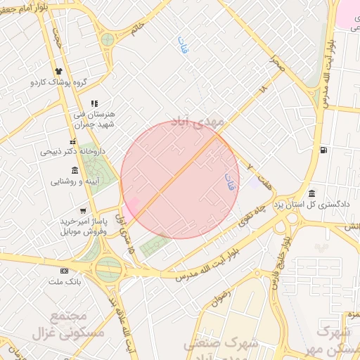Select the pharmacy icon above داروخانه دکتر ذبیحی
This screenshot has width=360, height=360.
click(72, 141)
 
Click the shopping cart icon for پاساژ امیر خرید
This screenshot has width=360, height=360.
click(83, 210)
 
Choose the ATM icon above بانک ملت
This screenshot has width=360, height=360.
click(65, 271)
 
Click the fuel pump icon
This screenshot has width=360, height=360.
click(323, 150)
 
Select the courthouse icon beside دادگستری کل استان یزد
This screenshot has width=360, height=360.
click(311, 193)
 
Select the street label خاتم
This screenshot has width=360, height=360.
click(138, 26)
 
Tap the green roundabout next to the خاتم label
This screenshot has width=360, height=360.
click(108, 39)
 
